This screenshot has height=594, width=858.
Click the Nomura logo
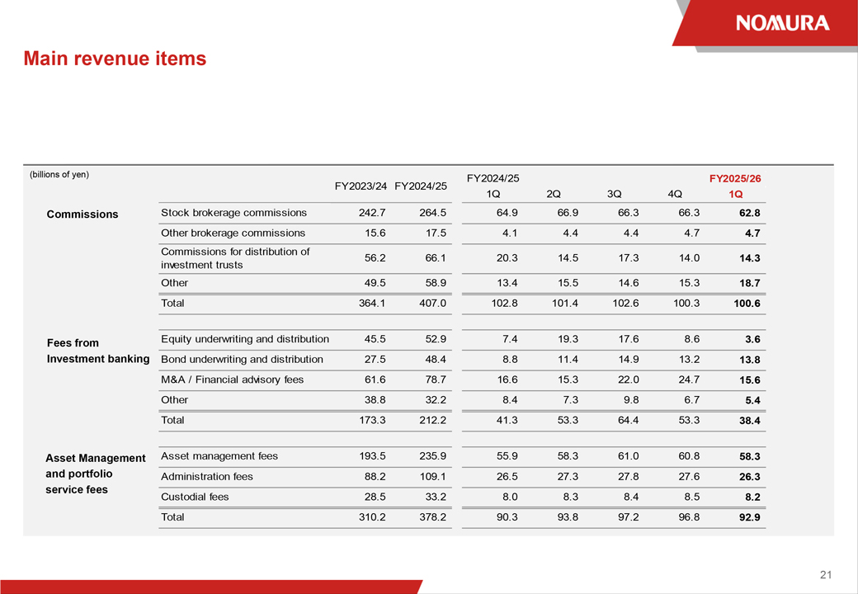click(x=783, y=23)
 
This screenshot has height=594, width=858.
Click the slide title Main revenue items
click(x=115, y=59)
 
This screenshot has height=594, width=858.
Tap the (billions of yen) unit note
click(x=59, y=174)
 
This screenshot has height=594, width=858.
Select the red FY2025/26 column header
click(x=735, y=178)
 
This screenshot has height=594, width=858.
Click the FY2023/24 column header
click(x=361, y=186)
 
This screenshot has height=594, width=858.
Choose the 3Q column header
click(x=614, y=194)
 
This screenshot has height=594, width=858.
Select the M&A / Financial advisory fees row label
click(x=232, y=379)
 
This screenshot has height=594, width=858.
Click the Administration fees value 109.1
click(x=432, y=477)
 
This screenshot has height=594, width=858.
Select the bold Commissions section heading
click(x=82, y=214)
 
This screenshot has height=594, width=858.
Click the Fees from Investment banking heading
click(x=98, y=351)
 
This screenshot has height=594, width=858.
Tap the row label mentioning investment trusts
click(x=235, y=258)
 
